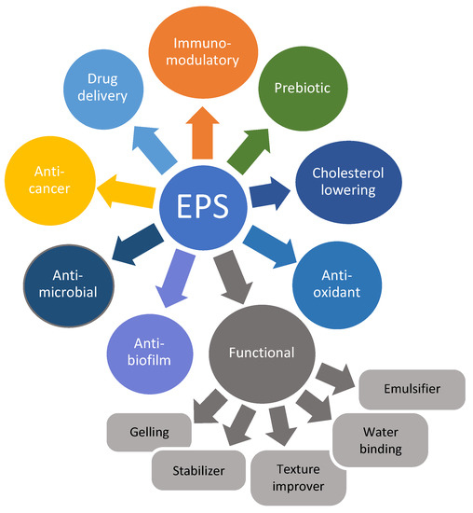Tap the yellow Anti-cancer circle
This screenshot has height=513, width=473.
tap(46, 179)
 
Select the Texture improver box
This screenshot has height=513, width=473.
tap(298, 477)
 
